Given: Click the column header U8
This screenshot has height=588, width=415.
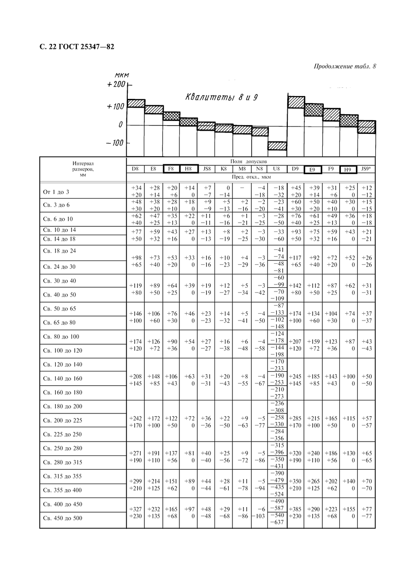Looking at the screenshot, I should coord(277,169).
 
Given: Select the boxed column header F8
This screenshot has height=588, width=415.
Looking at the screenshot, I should coord(171,169).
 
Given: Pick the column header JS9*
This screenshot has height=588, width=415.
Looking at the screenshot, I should coord(366,169).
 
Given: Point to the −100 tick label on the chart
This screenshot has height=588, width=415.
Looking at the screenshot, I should coord(114,143).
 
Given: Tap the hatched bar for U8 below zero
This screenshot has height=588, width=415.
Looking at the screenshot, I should coord(277,146).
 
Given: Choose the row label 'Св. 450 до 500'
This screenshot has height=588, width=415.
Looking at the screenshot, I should coord(62,518).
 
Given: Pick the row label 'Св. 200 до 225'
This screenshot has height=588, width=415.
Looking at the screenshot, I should coord(62,420).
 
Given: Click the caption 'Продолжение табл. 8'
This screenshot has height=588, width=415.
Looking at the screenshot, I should coord(345,66).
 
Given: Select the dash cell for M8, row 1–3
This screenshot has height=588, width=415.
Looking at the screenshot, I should coord(242,188).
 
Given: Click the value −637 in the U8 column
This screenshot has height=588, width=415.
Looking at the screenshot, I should coord(277,522).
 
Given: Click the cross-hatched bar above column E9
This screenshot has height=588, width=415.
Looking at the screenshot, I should coord(313,110).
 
